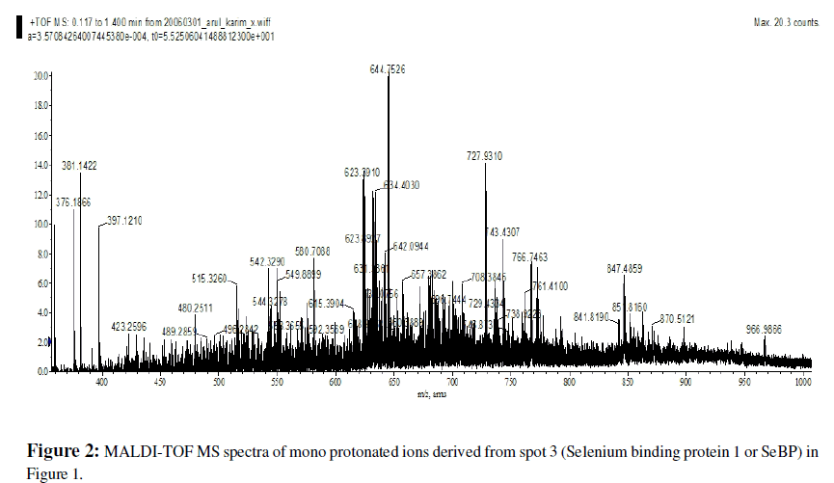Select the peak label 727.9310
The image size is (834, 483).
pyautogui.click(x=485, y=155)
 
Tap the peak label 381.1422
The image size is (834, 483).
pyautogui.click(x=80, y=166)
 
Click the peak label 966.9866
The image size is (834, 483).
pyautogui.click(x=766, y=329)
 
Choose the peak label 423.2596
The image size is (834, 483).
pyautogui.click(x=128, y=326)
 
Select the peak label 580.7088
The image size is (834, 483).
pyautogui.click(x=312, y=252)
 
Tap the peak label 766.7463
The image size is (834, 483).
pyautogui.click(x=529, y=257)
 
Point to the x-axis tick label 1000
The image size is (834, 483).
pyautogui.click(x=802, y=383)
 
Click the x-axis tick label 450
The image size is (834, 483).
pyautogui.click(x=160, y=383)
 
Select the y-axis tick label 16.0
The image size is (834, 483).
pyautogui.click(x=40, y=136)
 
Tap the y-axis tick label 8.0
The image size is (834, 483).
pyautogui.click(x=41, y=255)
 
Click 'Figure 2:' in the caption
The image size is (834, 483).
pyautogui.click(x=63, y=451)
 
